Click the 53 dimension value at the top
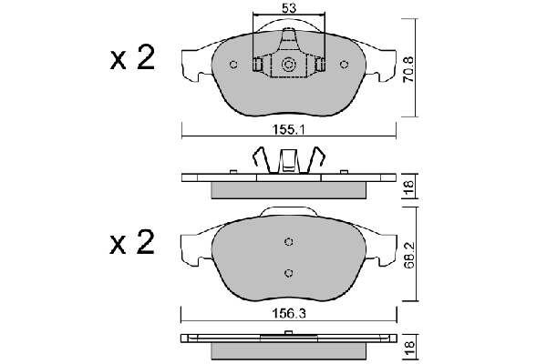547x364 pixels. (x=287, y=8)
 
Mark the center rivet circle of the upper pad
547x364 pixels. (x=288, y=65)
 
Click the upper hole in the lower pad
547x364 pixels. (x=288, y=241)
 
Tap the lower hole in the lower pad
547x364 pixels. (x=288, y=273)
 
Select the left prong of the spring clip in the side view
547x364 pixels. (x=258, y=162)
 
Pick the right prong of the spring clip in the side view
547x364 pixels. (x=318, y=162)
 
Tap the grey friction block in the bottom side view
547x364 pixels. (x=288, y=351)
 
